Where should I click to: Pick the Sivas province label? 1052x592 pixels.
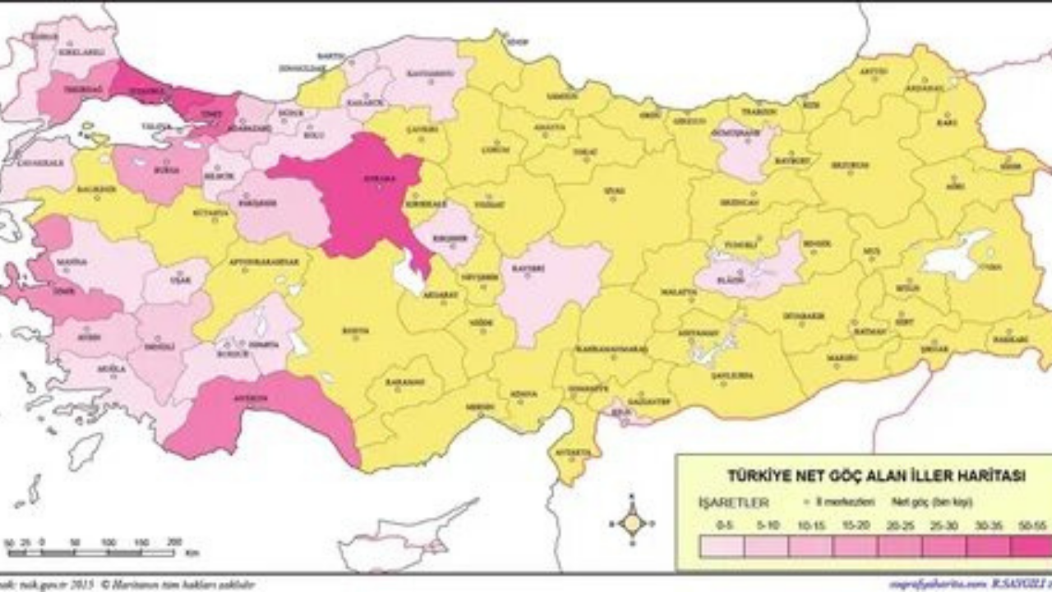pos(614,191)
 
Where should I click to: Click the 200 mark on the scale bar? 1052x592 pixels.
pos(173,542)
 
